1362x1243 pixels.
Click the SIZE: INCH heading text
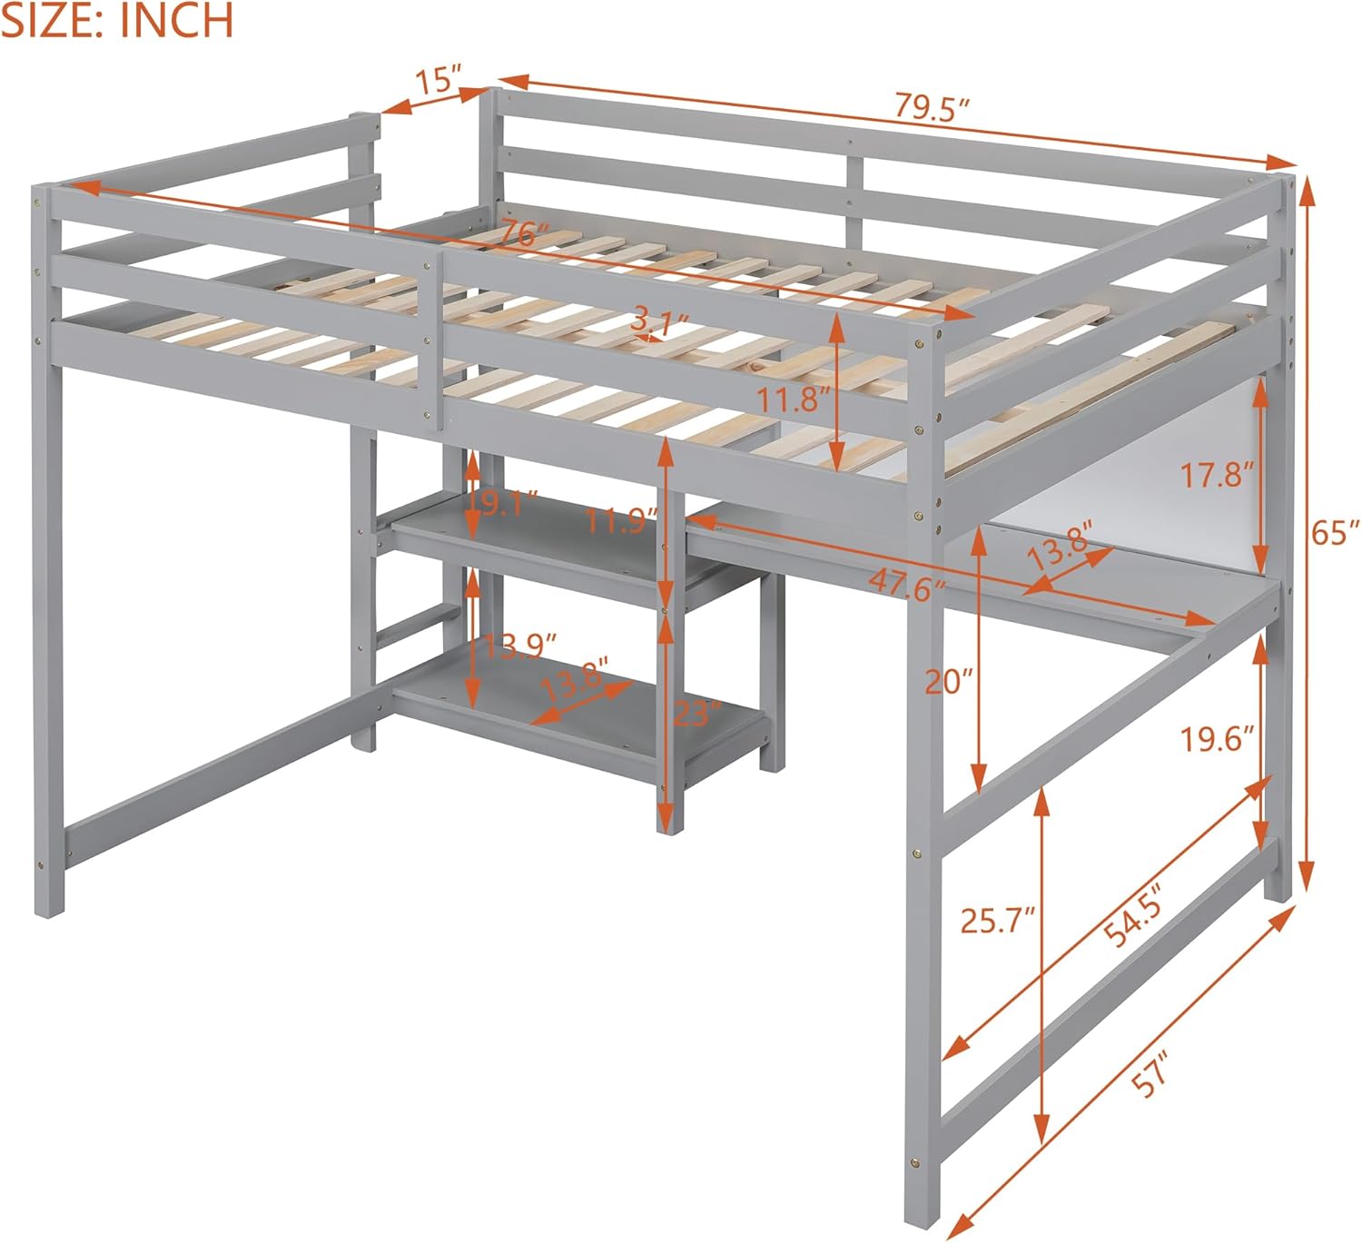(x=117, y=20)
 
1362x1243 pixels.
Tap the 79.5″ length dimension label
(x=932, y=106)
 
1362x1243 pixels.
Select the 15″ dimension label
(x=438, y=79)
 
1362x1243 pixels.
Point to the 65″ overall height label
(x=1336, y=532)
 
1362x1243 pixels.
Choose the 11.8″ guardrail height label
(x=794, y=400)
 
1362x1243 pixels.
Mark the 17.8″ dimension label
(x=1217, y=474)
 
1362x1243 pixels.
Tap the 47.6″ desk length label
(x=907, y=583)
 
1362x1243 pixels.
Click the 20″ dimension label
(x=949, y=681)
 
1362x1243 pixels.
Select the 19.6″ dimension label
(x=1218, y=738)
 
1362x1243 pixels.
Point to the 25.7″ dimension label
(x=997, y=921)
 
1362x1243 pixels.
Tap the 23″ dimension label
(x=696, y=713)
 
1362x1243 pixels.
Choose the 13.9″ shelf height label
(x=519, y=646)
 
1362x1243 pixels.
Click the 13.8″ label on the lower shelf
(x=575, y=679)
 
